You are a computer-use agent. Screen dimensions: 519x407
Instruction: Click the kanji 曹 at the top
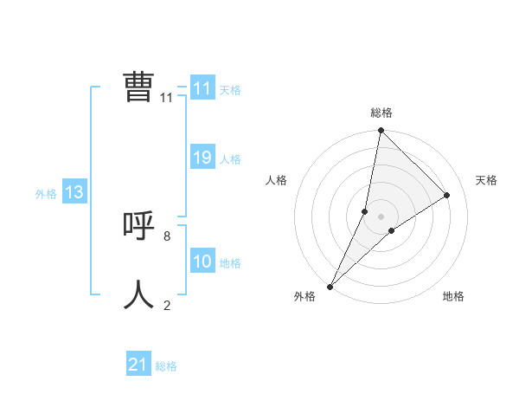tap(138, 87)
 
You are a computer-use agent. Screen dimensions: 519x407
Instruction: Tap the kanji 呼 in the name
tap(138, 227)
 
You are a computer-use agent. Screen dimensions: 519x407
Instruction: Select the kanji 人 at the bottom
tap(138, 295)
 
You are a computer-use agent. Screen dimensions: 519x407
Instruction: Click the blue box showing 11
tap(202, 88)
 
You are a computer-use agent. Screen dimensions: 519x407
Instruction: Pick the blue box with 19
tap(202, 158)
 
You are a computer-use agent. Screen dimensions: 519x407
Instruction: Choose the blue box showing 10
tap(202, 262)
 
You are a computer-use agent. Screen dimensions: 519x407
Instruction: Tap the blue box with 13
tap(74, 192)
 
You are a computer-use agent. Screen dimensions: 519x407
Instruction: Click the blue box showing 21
tap(138, 365)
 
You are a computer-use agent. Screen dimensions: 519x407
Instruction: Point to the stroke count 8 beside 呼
tap(167, 236)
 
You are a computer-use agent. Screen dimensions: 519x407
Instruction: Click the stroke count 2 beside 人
tap(167, 305)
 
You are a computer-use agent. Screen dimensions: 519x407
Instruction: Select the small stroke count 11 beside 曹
tap(167, 98)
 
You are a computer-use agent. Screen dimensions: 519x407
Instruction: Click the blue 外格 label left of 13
tap(46, 194)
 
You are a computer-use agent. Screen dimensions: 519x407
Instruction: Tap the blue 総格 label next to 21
tap(166, 366)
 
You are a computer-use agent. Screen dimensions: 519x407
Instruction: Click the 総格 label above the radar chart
tap(381, 113)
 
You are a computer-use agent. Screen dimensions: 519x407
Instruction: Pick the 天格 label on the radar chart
tap(487, 180)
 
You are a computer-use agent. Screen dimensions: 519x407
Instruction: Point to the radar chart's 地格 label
tap(453, 296)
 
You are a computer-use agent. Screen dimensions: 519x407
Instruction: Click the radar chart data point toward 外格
tap(330, 287)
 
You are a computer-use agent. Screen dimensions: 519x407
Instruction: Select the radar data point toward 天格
tap(447, 195)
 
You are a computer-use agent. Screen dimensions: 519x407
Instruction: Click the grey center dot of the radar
tap(381, 216)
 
